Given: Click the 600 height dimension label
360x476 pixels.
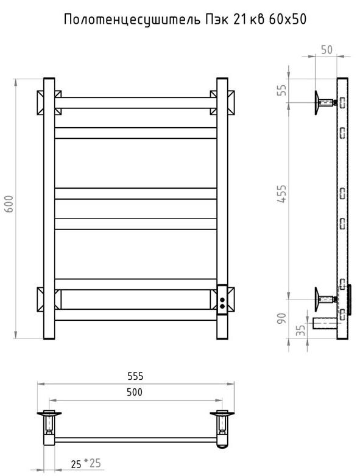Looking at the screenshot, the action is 10,204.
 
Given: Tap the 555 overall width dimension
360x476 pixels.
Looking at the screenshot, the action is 135,376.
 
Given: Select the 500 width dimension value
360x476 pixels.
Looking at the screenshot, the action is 135,392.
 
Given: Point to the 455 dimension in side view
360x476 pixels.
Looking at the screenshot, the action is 282,194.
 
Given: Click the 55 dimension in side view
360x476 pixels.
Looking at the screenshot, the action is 282,90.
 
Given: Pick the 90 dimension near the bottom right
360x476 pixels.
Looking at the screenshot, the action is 282,318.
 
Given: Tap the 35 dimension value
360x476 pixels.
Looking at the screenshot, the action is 300,331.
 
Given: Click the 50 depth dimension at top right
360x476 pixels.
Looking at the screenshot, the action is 326,50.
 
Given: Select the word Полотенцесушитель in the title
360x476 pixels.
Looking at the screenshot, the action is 132,20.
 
